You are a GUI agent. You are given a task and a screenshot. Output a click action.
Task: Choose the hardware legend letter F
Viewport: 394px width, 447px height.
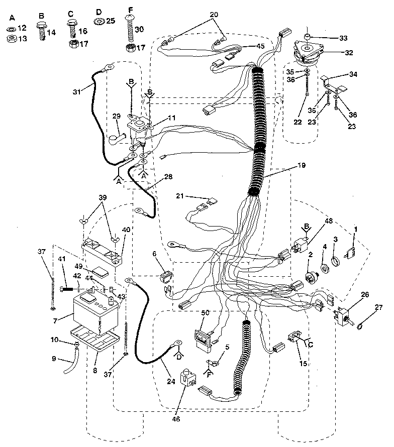[x=131, y=10]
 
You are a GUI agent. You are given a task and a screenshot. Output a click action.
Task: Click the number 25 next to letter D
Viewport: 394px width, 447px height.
[x=110, y=21]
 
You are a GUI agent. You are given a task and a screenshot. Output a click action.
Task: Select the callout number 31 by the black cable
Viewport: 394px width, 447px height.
[x=76, y=92]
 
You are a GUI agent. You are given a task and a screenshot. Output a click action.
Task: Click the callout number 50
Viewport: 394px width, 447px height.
[x=205, y=312]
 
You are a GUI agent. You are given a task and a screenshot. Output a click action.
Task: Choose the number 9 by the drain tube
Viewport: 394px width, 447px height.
[x=54, y=359]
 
